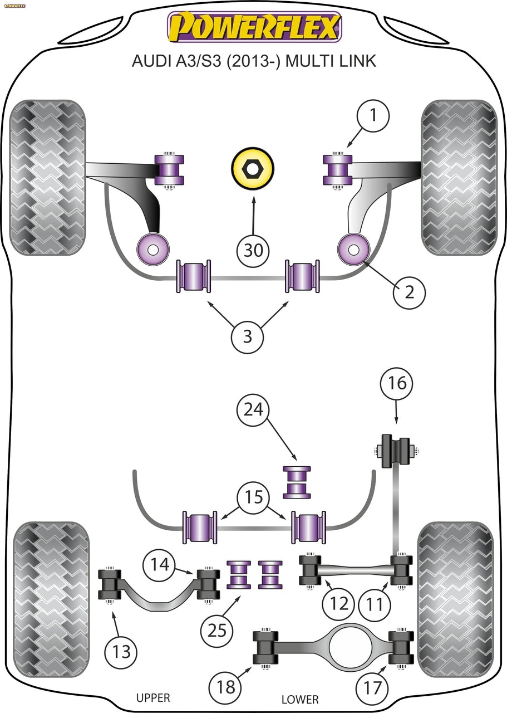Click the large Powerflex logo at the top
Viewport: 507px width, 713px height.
254,27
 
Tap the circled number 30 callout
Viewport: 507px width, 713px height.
254,250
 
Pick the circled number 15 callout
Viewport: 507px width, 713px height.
254,497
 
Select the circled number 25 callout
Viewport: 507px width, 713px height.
218,630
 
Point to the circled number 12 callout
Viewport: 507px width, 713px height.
339,604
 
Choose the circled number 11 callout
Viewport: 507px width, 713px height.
375,604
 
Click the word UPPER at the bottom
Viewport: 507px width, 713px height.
153,698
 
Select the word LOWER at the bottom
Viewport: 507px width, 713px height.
300,700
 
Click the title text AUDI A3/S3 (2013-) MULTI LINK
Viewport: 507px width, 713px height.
254,61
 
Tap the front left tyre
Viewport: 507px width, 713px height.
47,178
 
